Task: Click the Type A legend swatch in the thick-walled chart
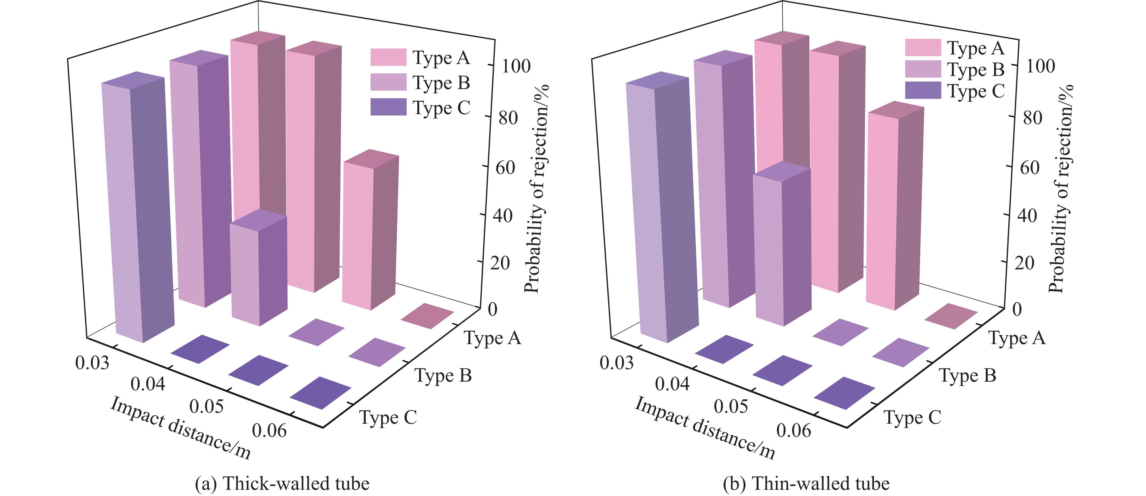click(x=388, y=57)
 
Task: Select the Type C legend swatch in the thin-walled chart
click(x=923, y=90)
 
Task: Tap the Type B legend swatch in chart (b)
click(x=923, y=69)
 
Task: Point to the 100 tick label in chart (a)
click(x=516, y=66)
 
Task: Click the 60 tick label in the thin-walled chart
click(x=1033, y=167)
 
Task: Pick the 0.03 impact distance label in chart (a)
click(x=92, y=363)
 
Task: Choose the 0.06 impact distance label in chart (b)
click(x=794, y=431)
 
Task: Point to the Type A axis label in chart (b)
click(x=1017, y=338)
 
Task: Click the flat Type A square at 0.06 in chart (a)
click(x=427, y=316)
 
